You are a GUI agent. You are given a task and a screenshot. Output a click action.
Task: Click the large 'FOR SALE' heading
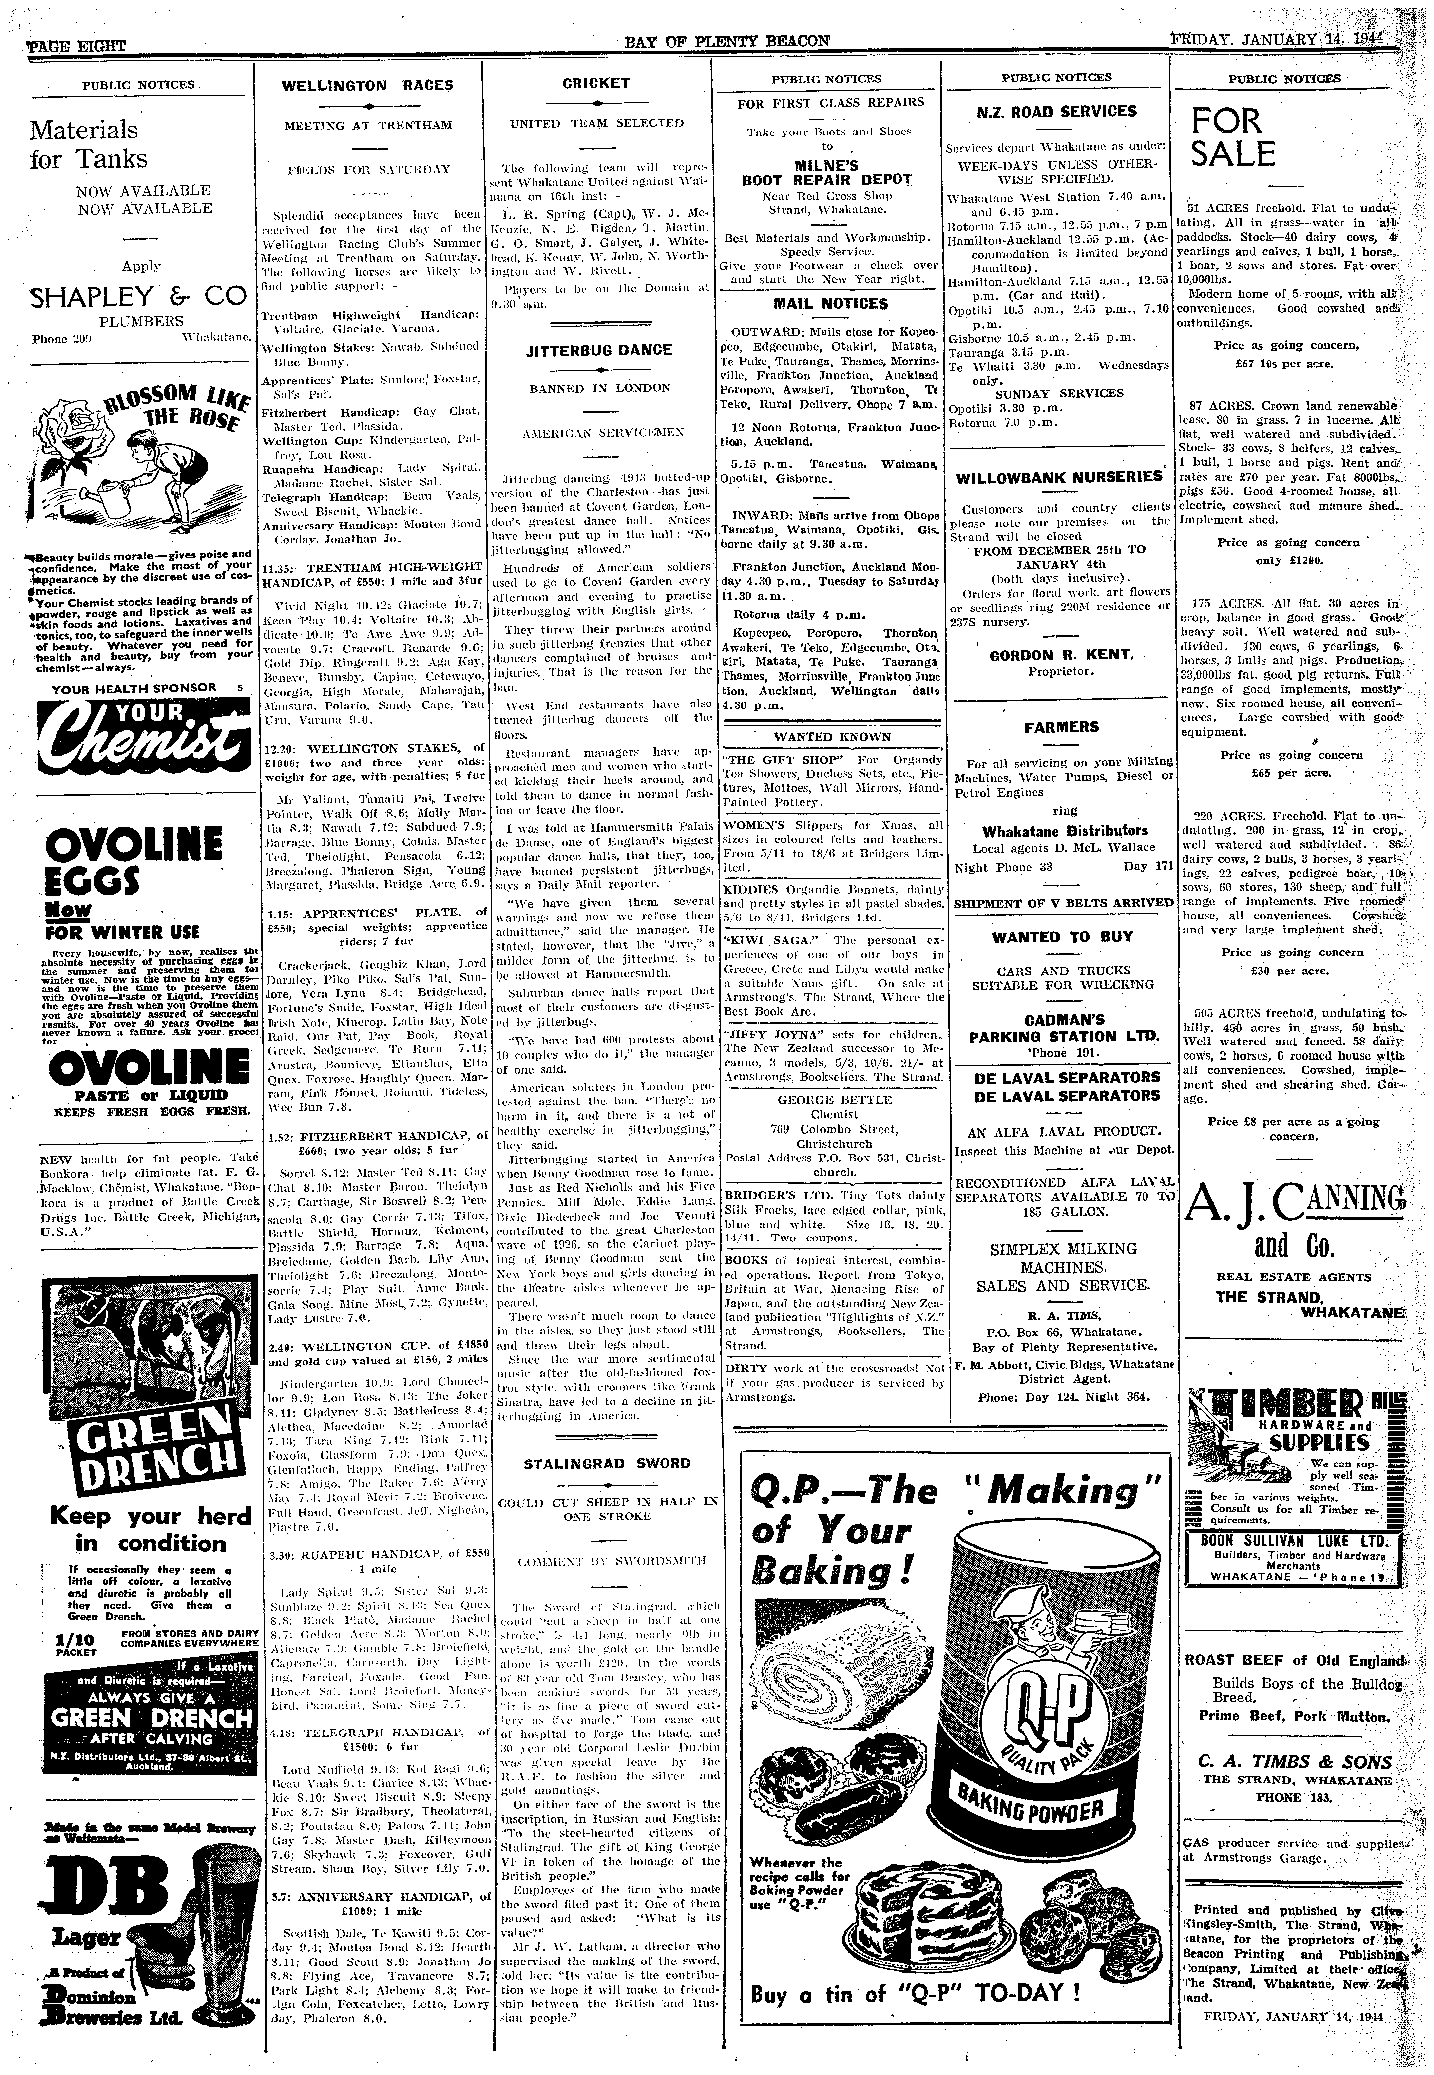click(1234, 137)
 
